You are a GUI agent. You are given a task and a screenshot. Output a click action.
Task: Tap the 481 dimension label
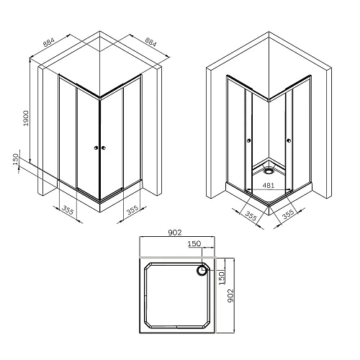coord(268,184)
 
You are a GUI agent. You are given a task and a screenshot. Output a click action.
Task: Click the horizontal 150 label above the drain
coord(194,244)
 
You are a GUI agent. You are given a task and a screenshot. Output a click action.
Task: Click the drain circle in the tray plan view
coord(202,271)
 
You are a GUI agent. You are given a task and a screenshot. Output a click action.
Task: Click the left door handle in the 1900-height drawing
coord(96,149)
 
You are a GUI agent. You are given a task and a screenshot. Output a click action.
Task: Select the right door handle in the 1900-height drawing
coord(105,149)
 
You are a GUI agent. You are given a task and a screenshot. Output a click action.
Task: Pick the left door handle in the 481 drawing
coord(249,140)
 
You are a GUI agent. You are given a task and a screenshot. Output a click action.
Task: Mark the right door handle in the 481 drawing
coord(287,140)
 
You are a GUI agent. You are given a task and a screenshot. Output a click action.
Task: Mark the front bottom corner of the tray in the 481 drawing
coord(269,204)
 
